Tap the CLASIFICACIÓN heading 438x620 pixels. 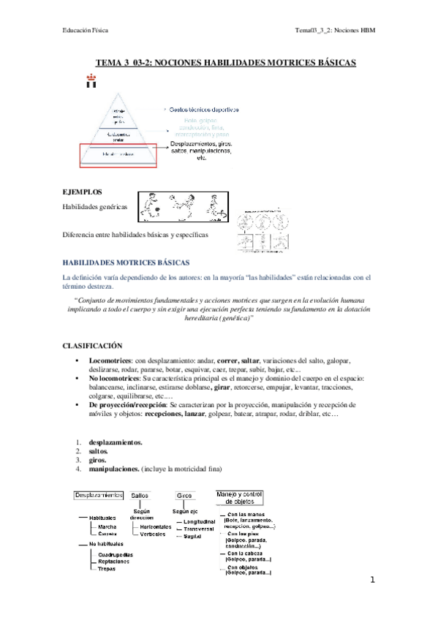tap(91, 344)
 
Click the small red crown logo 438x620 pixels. tap(91, 80)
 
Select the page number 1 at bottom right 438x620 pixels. tap(372, 580)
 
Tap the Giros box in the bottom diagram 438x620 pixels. tap(184, 496)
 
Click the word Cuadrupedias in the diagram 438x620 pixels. tap(115, 553)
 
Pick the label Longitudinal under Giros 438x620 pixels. tap(202, 520)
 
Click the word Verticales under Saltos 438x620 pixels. tap(154, 534)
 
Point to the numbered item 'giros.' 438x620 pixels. tap(97, 461)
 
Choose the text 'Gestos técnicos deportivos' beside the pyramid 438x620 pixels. tap(204, 110)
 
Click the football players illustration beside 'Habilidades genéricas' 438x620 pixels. tap(181, 207)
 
